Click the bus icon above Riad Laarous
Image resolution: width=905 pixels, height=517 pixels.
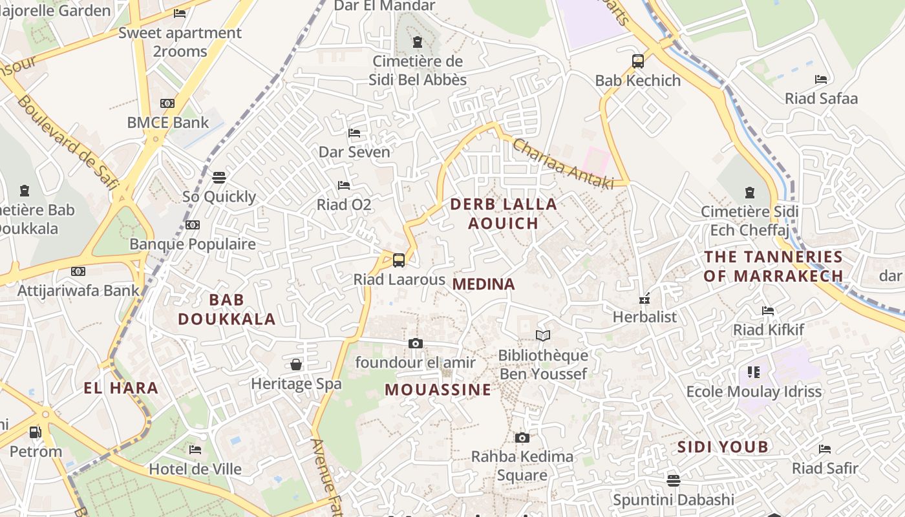399,260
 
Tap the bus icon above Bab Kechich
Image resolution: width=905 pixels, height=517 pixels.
638,61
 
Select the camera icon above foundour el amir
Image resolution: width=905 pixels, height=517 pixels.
416,343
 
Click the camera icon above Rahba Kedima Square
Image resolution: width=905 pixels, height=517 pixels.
522,438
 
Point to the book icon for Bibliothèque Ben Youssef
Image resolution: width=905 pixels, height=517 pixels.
543,335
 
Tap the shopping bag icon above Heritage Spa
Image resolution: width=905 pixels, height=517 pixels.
296,364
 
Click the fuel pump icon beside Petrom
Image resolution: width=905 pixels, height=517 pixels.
36,432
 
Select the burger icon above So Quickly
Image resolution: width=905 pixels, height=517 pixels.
219,177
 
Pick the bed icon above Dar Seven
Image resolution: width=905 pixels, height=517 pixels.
354,132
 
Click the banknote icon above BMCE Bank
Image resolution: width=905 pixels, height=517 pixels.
167,103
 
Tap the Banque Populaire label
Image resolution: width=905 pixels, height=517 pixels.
193,244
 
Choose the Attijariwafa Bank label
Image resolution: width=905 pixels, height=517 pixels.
78,290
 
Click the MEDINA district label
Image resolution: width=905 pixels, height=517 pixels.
484,284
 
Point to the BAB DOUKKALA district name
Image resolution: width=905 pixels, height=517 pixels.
227,309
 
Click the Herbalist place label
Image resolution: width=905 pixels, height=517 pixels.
644,317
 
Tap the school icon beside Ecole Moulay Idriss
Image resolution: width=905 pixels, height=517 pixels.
754,372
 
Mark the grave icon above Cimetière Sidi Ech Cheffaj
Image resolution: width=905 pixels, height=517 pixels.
750,192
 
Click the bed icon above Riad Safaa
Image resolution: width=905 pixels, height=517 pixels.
821,79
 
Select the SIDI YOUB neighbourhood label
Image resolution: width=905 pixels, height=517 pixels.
723,447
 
